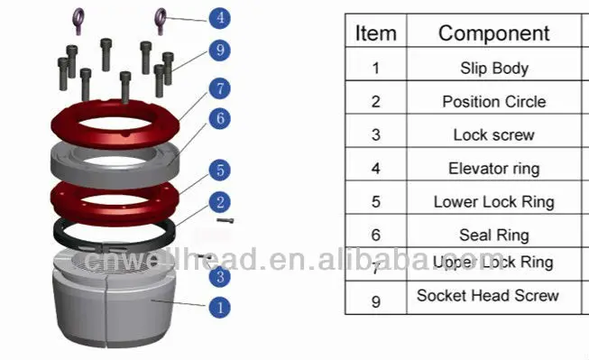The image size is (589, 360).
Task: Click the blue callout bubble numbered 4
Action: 219,16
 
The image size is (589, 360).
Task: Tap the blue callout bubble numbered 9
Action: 219,51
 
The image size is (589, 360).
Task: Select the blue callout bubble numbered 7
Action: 218,88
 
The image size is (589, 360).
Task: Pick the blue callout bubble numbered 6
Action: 218,118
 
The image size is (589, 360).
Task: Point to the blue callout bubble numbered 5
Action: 218,169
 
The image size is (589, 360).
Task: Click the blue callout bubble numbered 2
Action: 218,203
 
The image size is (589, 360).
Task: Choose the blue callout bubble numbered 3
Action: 218,277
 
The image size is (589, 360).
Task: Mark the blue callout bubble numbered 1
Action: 218,306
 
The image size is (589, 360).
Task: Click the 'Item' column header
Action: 375,33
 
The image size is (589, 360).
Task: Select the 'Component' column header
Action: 493,33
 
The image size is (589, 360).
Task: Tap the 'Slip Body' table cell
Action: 493,68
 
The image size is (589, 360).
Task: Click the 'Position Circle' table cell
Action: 493,101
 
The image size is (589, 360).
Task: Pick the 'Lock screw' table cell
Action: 493,134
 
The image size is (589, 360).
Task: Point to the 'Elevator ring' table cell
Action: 493,168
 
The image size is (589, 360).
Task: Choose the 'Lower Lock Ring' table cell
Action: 493,201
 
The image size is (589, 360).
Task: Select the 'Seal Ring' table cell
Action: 493,235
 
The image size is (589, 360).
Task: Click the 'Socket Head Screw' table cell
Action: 488,296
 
